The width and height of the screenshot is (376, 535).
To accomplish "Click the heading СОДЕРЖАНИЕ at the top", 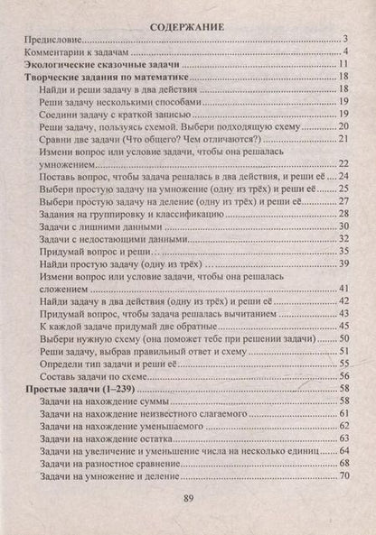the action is pos(188,17).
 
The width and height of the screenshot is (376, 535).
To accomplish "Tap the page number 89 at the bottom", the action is pos(188,502).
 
